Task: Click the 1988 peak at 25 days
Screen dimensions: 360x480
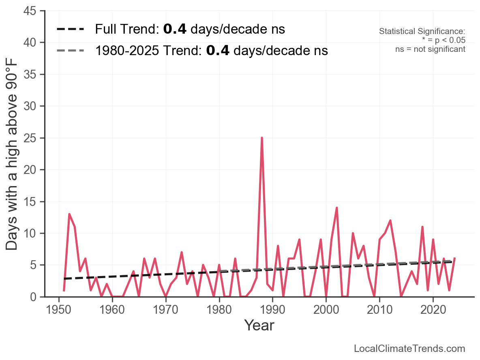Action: [262, 138]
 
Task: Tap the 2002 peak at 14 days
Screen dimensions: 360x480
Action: [336, 208]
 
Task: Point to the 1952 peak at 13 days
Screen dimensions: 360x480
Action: [69, 214]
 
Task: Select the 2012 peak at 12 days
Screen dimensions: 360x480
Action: [390, 221]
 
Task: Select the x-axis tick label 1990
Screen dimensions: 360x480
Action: [272, 309]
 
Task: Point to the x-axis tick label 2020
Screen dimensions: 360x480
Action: [433, 309]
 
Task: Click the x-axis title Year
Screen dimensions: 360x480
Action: [259, 325]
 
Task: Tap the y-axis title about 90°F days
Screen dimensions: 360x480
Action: [12, 154]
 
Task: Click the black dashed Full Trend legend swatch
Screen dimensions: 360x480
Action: [71, 29]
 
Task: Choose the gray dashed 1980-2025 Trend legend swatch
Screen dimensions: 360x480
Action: [71, 51]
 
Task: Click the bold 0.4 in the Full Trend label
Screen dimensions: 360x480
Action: [175, 29]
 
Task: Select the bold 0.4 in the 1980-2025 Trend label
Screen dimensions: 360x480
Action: [218, 51]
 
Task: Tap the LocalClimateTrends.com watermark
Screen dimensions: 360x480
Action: [409, 349]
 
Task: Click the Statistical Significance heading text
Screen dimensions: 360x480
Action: [422, 32]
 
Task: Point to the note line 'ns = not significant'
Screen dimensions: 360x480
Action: [430, 49]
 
